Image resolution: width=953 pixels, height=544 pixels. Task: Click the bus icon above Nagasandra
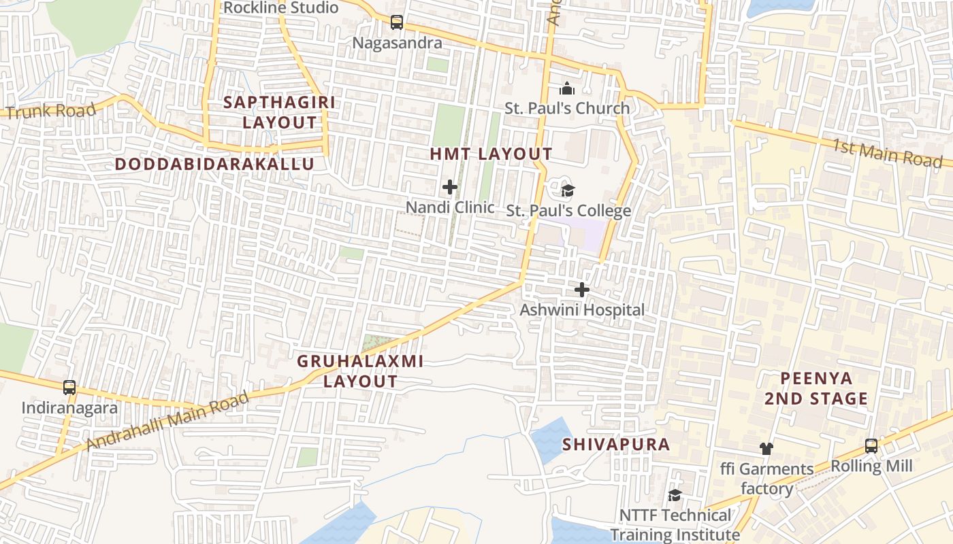[397, 22]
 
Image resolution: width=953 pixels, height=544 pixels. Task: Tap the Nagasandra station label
[397, 43]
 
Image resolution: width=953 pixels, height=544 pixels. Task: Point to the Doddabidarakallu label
[214, 164]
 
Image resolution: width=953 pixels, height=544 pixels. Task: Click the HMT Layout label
[491, 154]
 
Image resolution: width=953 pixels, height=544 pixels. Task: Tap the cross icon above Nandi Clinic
[450, 187]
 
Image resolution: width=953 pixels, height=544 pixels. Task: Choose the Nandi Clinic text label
[450, 207]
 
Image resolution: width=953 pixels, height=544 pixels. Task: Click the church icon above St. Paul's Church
[567, 88]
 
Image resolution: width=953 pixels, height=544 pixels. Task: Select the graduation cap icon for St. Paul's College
[568, 190]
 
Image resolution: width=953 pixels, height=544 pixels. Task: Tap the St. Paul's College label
[568, 211]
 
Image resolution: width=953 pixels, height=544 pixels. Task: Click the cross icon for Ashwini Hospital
[582, 290]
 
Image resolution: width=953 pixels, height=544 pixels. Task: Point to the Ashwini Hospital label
[582, 310]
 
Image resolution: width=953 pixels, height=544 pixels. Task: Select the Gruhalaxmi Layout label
[360, 371]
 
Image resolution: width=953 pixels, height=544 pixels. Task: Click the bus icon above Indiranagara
[69, 388]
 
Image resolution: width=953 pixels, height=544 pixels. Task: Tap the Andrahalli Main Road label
[168, 422]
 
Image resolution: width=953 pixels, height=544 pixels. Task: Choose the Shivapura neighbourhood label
[616, 445]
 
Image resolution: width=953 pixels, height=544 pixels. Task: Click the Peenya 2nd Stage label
[815, 388]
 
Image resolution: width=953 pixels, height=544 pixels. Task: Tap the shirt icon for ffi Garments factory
[766, 448]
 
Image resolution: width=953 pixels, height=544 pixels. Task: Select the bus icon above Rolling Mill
[871, 446]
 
